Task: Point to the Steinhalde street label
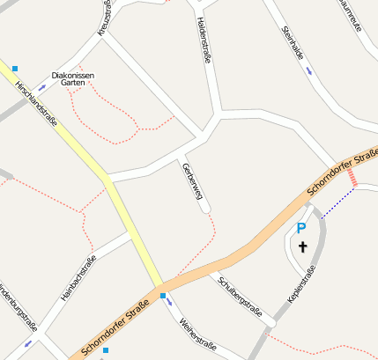point(292,43)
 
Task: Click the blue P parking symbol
point(300,229)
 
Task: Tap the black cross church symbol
point(303,247)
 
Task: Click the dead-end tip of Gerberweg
point(206,209)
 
